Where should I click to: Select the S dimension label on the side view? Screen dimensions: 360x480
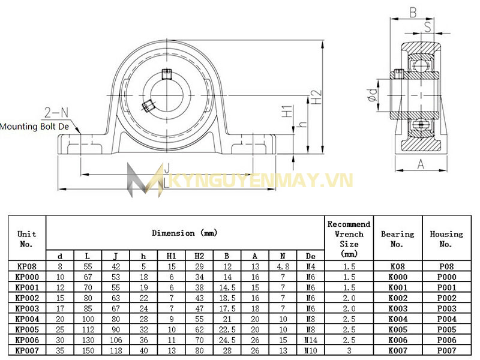428,26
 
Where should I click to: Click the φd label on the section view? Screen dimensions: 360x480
373,97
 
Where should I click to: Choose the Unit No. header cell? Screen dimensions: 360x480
27,239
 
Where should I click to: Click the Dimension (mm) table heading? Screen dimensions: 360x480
184,233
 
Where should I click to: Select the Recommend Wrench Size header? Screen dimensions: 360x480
349,239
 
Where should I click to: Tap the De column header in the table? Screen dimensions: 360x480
310,256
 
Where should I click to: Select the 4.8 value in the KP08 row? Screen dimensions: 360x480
283,266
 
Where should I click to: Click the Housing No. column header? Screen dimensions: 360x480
446,239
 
